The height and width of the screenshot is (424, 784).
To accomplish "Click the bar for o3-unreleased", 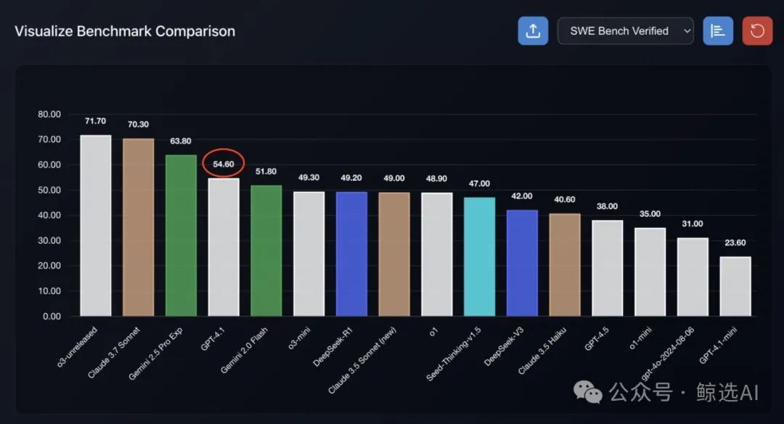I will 95,225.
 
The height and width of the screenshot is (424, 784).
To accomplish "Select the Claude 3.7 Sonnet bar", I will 138,227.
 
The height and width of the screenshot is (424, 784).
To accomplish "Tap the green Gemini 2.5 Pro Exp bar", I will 181,235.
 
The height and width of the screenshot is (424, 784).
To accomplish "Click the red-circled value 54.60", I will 224,164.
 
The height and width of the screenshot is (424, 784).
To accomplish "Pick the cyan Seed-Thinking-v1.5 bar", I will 479,256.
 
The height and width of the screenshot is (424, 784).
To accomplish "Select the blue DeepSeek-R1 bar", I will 351,253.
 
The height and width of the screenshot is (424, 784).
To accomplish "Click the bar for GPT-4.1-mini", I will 735,286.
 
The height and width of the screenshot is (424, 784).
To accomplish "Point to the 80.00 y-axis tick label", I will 49,114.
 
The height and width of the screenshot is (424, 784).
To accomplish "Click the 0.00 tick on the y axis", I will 52,317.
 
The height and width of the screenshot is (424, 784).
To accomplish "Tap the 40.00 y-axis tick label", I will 49,216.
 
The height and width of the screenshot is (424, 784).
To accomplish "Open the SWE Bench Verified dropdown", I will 625,31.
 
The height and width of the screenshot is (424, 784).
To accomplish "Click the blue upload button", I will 533,31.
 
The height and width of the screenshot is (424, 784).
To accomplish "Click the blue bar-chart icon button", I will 718,31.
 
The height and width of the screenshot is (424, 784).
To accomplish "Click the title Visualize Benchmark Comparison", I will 125,31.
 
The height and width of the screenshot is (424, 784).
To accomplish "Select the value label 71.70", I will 95,121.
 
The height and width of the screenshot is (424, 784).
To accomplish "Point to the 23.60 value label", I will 735,242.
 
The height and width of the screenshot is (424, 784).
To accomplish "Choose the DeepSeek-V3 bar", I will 522,263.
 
